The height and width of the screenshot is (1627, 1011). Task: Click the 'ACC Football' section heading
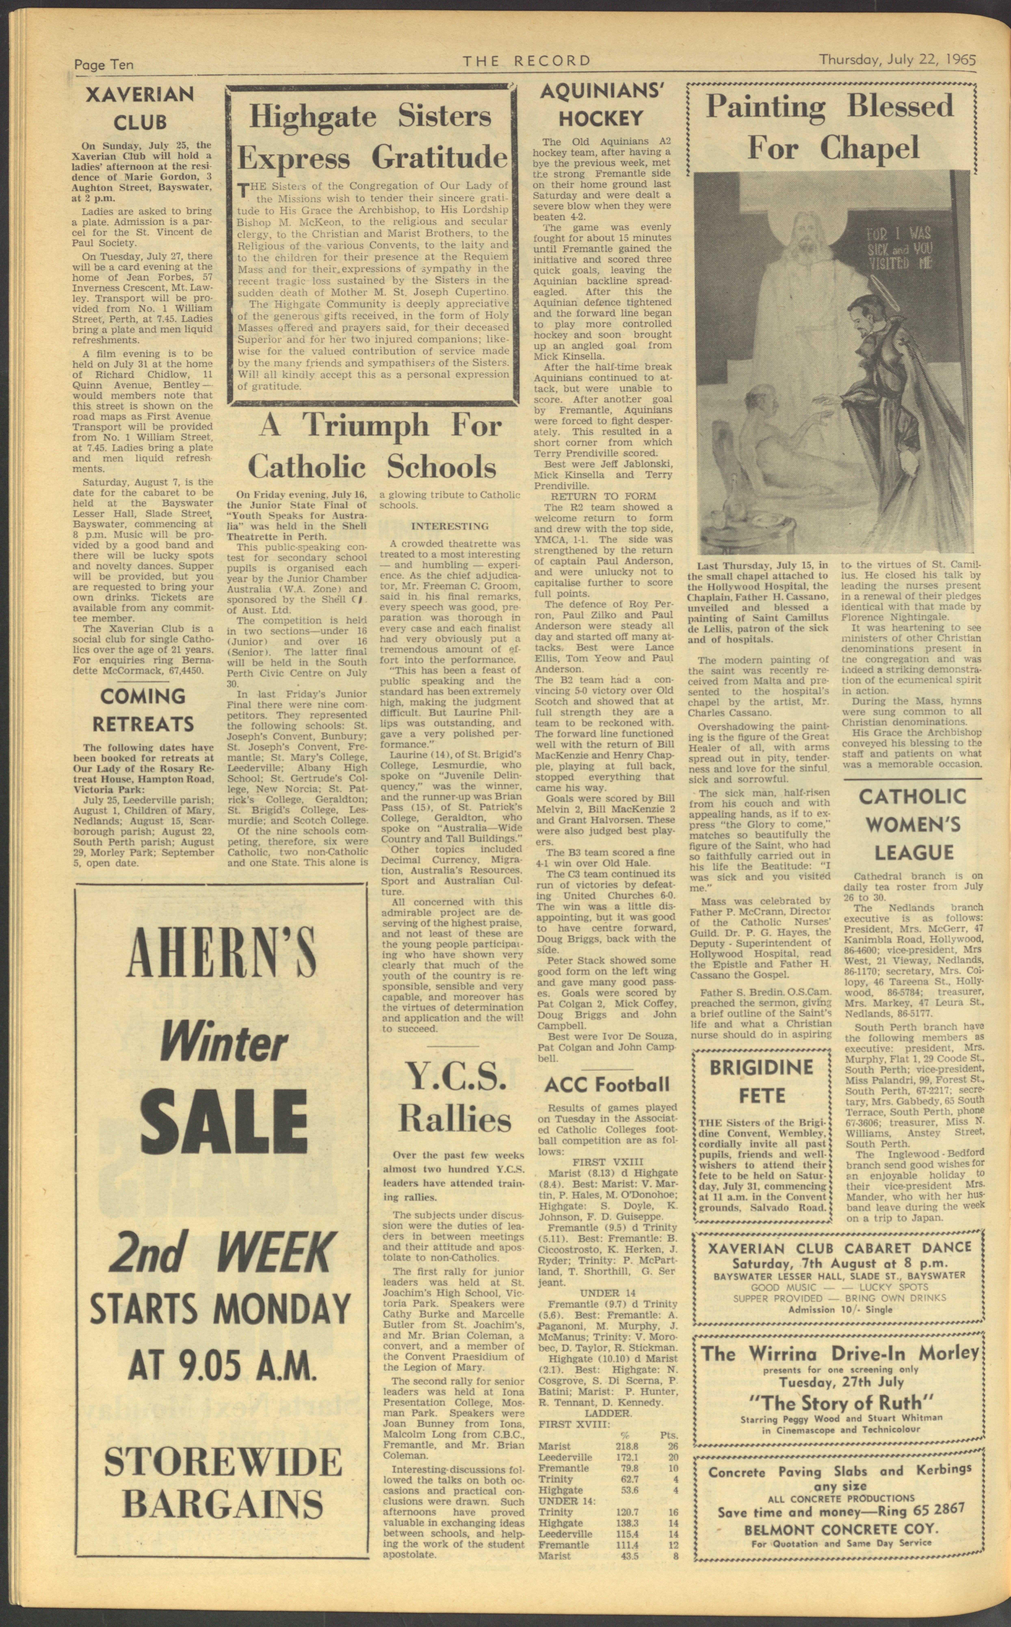pos(606,1284)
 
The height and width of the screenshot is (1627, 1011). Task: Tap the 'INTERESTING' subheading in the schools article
pos(449,526)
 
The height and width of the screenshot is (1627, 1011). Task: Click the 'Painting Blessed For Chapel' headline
pos(829,127)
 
